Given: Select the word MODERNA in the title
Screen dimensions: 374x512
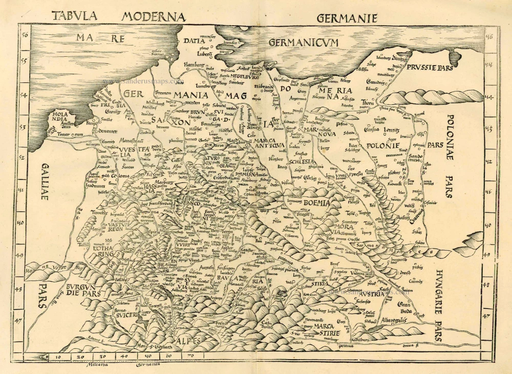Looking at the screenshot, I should pyautogui.click(x=153, y=17).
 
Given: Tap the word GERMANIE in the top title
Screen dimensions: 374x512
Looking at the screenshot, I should pyautogui.click(x=347, y=18).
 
